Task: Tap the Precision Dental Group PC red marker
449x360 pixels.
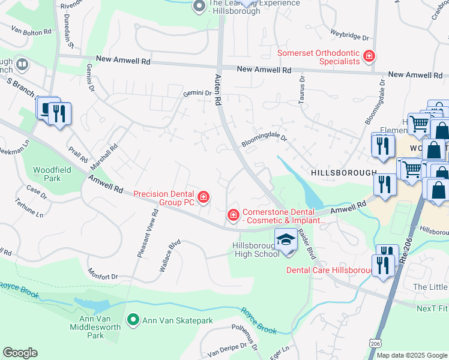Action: pyautogui.click(x=203, y=197)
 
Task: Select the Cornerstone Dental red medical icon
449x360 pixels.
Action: pyautogui.click(x=232, y=214)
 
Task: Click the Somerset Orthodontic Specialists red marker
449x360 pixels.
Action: pyautogui.click(x=369, y=58)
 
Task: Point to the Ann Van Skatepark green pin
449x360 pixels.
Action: pyautogui.click(x=133, y=321)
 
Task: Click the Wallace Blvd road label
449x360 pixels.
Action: pyautogui.click(x=170, y=257)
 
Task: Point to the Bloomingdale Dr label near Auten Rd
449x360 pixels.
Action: pyautogui.click(x=265, y=141)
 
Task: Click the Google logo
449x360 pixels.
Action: pyautogui.click(x=20, y=353)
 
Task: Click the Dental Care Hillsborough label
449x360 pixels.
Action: pyautogui.click(x=330, y=271)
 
